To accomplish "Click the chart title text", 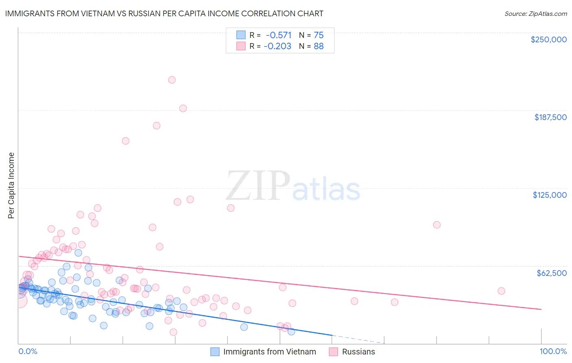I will tap(164, 13).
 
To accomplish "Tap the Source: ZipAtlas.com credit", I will tap(535, 14).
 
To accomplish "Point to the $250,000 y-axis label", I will tap(548, 39).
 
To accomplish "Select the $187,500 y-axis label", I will tap(550, 117).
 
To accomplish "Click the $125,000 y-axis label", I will tap(550, 195).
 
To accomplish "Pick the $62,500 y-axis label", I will tap(551, 273).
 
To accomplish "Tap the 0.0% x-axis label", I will tap(28, 351).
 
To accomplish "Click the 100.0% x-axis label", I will tap(553, 351).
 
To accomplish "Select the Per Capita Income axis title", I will tap(11, 185).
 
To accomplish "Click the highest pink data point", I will tap(172, 80).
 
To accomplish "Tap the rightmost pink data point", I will tap(501, 291).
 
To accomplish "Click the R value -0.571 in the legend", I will tap(278, 35).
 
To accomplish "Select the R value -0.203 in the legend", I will tap(277, 46).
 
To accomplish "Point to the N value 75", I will tap(319, 35).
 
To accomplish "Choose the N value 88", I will tap(319, 46).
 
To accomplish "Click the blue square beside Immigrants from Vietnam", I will tap(215, 352).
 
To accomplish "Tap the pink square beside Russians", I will tap(334, 352).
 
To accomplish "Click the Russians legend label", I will tap(358, 352).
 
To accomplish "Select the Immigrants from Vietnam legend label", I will tap(269, 352).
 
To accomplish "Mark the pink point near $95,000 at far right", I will tap(437, 225).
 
